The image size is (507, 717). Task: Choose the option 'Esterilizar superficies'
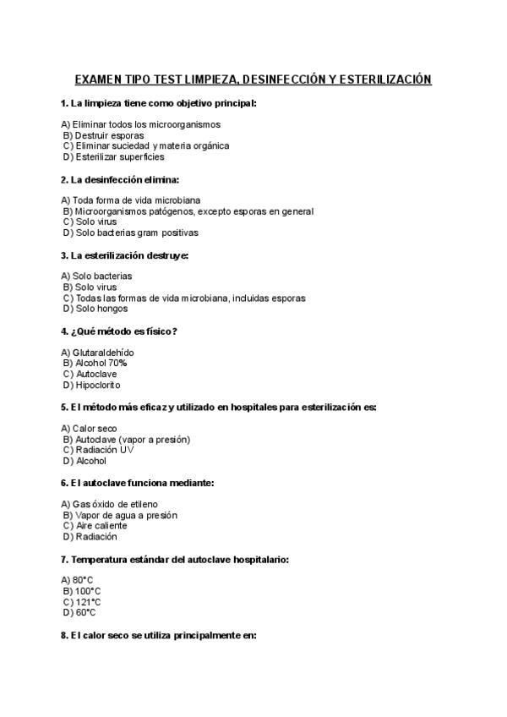tap(119, 156)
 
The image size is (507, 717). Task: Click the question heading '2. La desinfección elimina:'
tap(120, 179)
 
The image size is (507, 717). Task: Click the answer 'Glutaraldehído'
tap(103, 353)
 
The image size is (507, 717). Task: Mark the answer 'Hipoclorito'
tap(100, 385)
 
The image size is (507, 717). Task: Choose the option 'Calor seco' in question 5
tap(95, 429)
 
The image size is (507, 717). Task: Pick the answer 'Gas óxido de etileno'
tap(115, 505)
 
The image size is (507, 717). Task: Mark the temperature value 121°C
tap(88, 602)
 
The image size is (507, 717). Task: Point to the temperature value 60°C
tap(85, 612)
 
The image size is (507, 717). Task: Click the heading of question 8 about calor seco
tap(158, 635)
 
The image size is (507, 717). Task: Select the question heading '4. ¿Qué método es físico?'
tap(119, 331)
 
